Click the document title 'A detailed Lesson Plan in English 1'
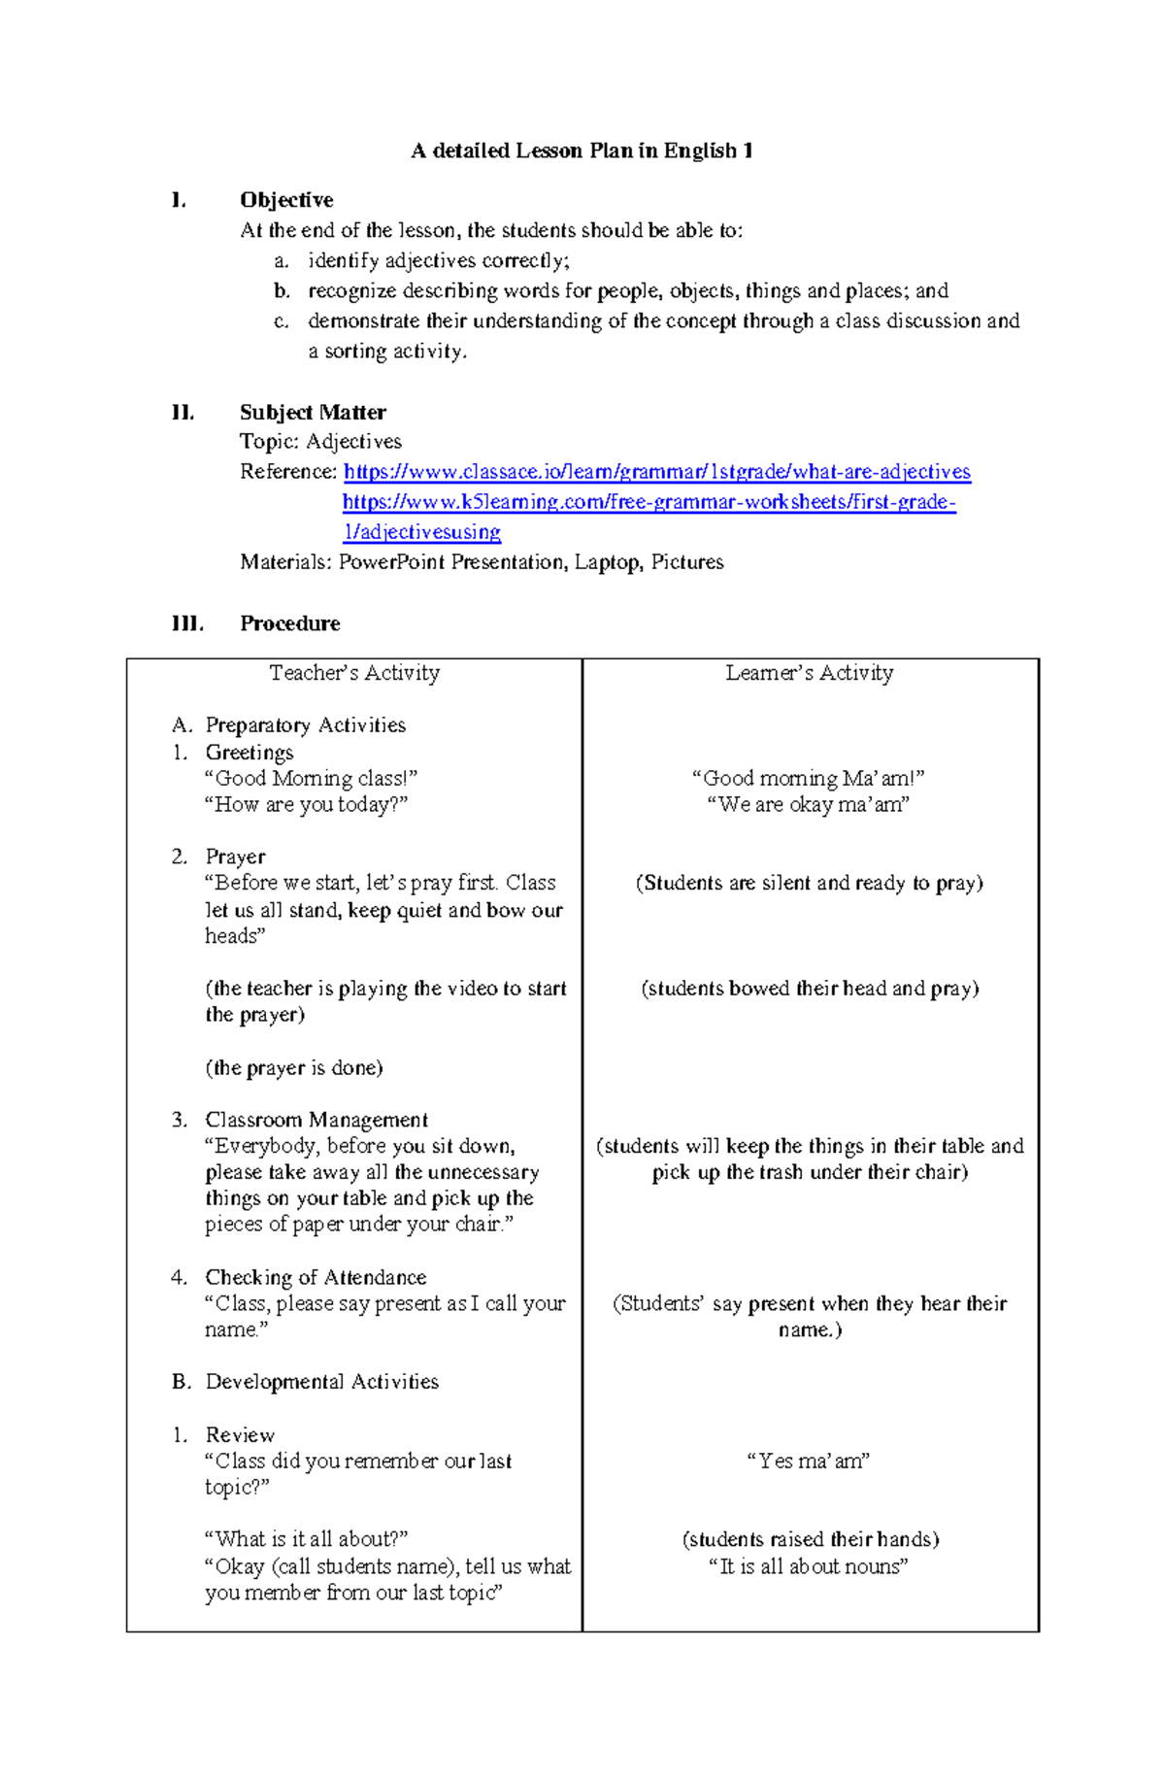(x=582, y=151)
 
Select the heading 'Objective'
(x=286, y=200)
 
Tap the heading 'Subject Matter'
(x=313, y=412)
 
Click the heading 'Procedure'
(x=289, y=623)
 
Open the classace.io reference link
(x=656, y=472)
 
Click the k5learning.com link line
(x=649, y=502)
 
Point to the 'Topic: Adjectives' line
(x=320, y=442)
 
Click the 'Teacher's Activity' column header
(x=354, y=673)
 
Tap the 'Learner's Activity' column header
(x=809, y=673)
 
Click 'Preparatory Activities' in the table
(x=305, y=725)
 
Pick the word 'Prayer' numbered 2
(x=235, y=857)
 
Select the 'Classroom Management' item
(x=316, y=1120)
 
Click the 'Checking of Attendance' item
(x=316, y=1277)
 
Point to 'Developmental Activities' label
(x=321, y=1382)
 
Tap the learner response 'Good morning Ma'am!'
(x=808, y=778)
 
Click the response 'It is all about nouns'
(x=808, y=1565)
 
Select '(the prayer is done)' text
(x=294, y=1068)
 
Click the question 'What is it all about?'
(x=306, y=1539)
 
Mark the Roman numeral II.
(x=183, y=412)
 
